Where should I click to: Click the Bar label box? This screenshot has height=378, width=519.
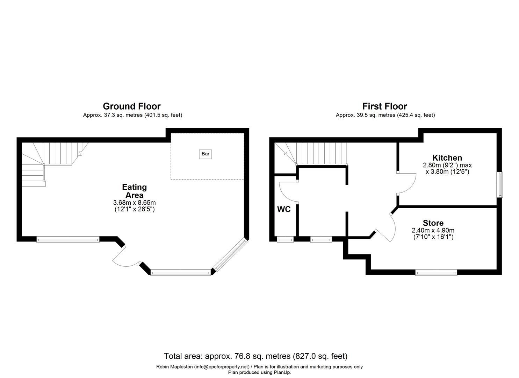click(x=205, y=154)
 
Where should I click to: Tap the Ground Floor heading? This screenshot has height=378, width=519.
click(x=132, y=106)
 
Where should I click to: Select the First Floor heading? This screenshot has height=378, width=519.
click(x=384, y=106)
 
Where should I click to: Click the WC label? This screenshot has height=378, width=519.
click(x=284, y=209)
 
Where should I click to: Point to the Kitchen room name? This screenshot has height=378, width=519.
click(x=447, y=158)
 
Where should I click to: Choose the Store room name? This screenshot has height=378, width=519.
click(x=433, y=223)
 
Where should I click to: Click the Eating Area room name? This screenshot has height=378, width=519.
click(x=135, y=191)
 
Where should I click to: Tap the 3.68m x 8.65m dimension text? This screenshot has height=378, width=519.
click(x=135, y=203)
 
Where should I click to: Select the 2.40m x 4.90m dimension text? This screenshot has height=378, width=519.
click(x=433, y=230)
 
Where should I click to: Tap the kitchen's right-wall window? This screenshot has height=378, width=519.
click(x=501, y=185)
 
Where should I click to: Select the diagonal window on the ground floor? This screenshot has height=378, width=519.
click(x=230, y=254)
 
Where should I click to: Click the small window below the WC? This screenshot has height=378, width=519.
click(x=285, y=239)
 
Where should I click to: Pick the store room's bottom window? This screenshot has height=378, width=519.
click(x=436, y=272)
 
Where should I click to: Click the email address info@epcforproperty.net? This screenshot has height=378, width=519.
click(x=222, y=367)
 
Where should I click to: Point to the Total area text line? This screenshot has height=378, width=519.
click(x=255, y=356)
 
